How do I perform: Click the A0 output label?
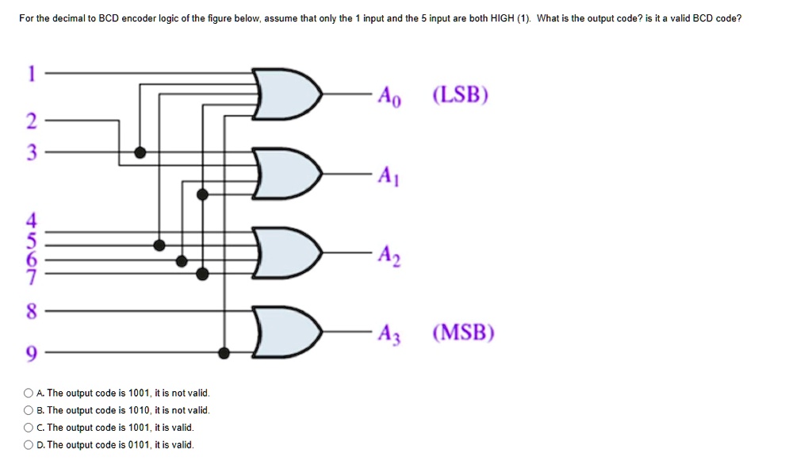click(x=389, y=97)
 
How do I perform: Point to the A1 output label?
click(x=389, y=175)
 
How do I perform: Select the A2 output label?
click(x=389, y=255)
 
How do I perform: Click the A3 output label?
click(x=389, y=333)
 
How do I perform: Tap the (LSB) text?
click(x=461, y=95)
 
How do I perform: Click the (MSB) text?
click(x=463, y=332)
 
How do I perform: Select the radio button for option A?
click(x=29, y=393)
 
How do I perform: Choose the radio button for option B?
click(x=29, y=410)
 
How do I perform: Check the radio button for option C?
click(x=29, y=428)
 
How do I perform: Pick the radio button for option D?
click(x=29, y=445)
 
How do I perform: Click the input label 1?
click(x=31, y=73)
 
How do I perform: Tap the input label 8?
click(x=31, y=312)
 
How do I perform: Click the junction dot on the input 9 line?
click(x=224, y=352)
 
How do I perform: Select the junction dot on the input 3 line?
click(x=140, y=152)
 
